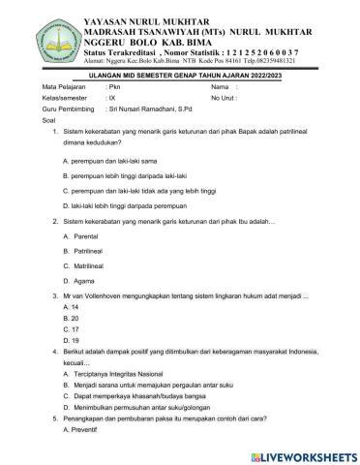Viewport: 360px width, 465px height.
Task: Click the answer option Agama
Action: coord(87,280)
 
